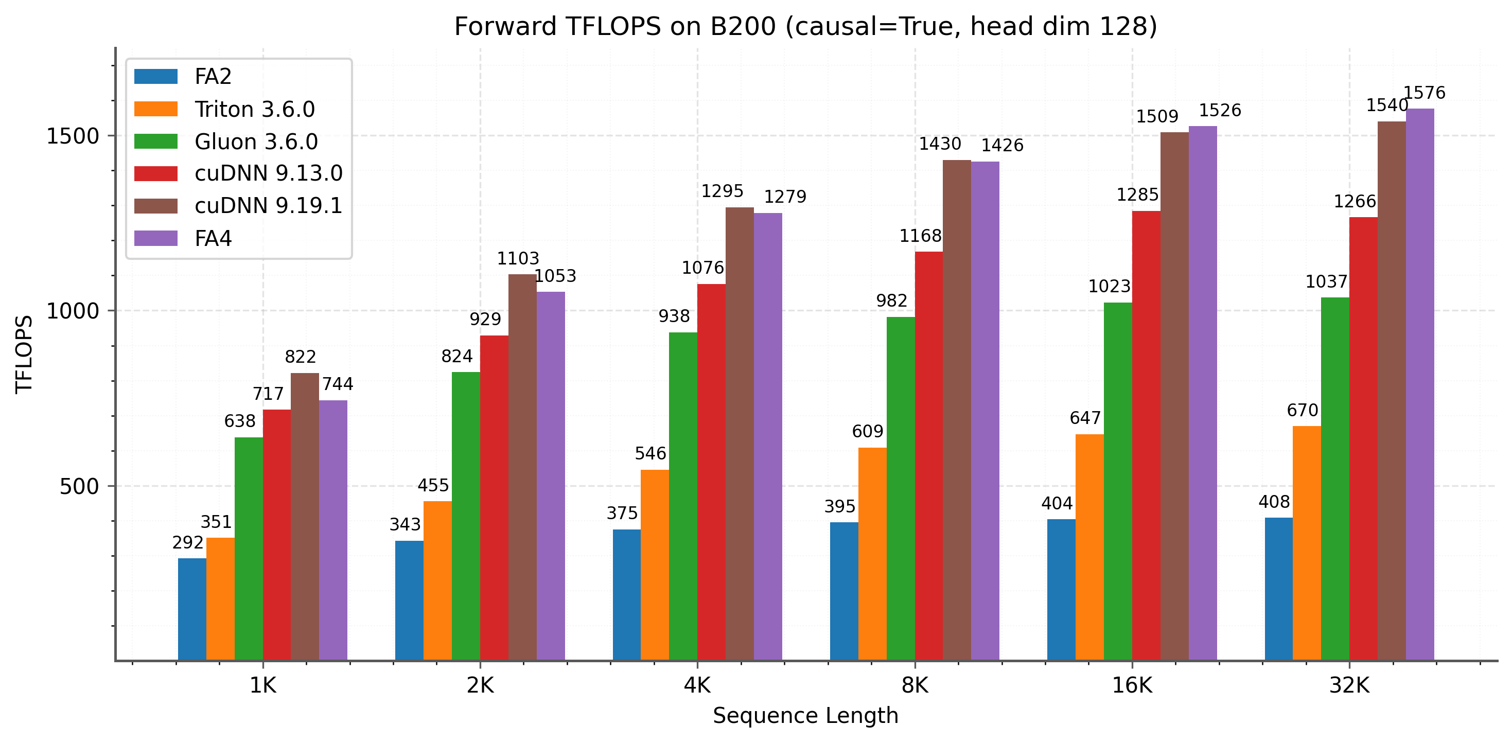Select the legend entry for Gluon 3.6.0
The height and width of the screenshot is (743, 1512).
point(256,141)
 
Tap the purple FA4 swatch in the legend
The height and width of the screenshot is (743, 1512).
point(155,238)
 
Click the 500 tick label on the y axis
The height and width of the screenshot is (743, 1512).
point(79,487)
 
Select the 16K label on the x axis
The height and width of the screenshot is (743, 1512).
point(1132,685)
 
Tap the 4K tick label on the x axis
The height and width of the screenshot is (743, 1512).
point(697,685)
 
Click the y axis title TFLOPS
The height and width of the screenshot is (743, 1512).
point(24,354)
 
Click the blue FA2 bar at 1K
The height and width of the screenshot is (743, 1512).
point(192,609)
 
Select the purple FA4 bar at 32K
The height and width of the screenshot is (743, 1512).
point(1420,384)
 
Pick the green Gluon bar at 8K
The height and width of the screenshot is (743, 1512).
point(901,488)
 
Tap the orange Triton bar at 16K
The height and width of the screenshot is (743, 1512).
point(1089,547)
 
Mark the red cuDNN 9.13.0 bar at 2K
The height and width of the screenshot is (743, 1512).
point(494,498)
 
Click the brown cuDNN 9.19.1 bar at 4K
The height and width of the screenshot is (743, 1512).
point(740,434)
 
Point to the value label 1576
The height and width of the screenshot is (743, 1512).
point(1424,93)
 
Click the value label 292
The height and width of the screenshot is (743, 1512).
point(188,543)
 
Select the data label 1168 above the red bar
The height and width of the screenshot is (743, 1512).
point(920,236)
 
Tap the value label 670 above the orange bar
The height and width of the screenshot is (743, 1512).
point(1303,410)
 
